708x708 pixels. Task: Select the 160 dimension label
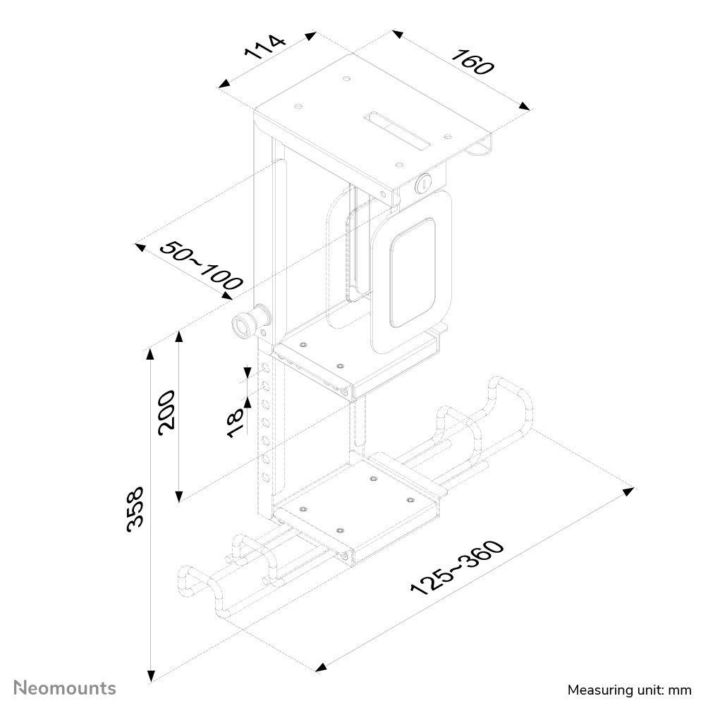coord(472,62)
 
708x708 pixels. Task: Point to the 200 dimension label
coord(166,412)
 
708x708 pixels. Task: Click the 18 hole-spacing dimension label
coord(235,422)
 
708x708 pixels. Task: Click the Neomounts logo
coord(66,687)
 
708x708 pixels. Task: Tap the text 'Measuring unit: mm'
coord(630,689)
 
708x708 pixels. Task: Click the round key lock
coord(423,183)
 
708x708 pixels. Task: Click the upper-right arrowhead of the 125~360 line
coord(629,489)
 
